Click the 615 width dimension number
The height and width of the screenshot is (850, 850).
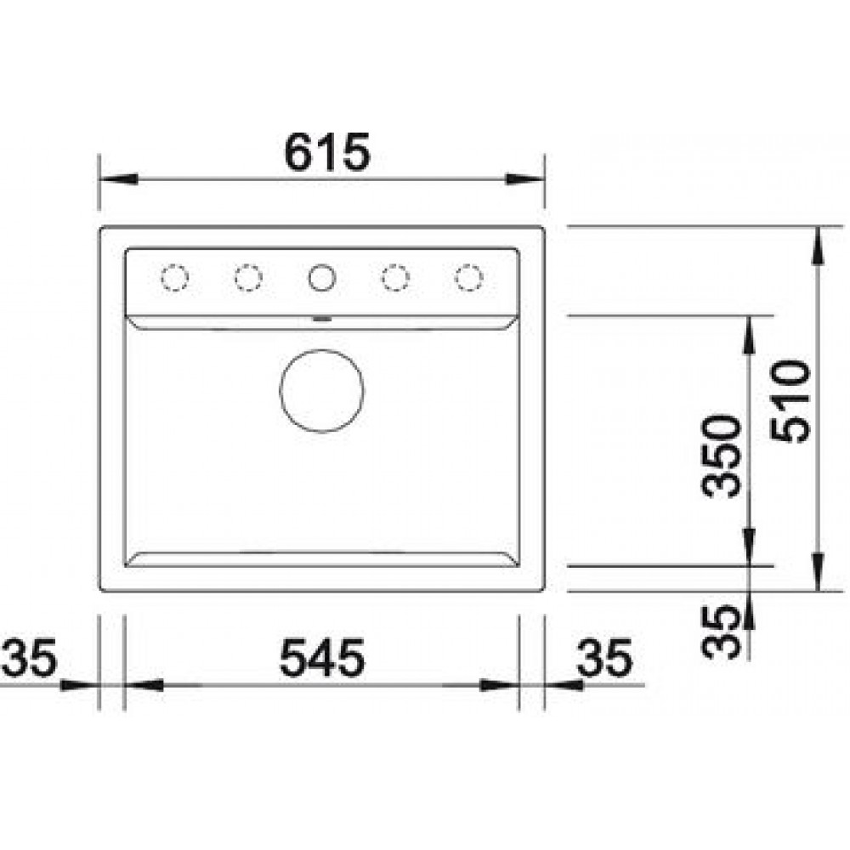pos(327,152)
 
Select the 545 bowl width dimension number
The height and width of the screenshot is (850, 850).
pos(322,658)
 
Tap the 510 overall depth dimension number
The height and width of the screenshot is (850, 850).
pos(790,402)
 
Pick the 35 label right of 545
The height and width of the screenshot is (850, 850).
pos(605,658)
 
